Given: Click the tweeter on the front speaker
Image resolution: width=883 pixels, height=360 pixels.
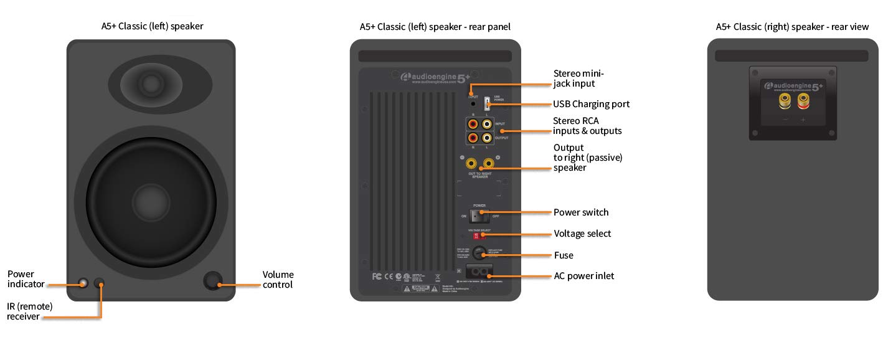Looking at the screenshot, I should click(x=150, y=83).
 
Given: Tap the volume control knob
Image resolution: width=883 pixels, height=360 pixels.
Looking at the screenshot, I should click(x=214, y=282).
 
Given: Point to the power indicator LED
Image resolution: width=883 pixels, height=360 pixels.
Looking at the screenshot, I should click(x=83, y=283).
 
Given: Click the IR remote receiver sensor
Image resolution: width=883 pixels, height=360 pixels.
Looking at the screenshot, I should click(x=100, y=283).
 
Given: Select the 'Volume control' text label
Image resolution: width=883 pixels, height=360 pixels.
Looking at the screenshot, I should click(x=278, y=280).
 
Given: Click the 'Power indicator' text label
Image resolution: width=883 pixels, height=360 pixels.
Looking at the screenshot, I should click(x=26, y=279).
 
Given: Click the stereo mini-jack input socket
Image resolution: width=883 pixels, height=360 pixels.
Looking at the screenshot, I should click(x=473, y=104).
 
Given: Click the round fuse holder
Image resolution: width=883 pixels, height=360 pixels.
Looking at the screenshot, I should click(x=478, y=252).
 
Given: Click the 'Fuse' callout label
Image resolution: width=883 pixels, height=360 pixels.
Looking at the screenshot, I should click(x=564, y=255).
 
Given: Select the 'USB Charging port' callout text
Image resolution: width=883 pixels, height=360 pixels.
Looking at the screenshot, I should click(x=591, y=104).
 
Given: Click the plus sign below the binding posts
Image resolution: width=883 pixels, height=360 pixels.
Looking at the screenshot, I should click(x=803, y=119).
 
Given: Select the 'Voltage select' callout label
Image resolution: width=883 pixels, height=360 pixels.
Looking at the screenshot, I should click(x=582, y=234).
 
